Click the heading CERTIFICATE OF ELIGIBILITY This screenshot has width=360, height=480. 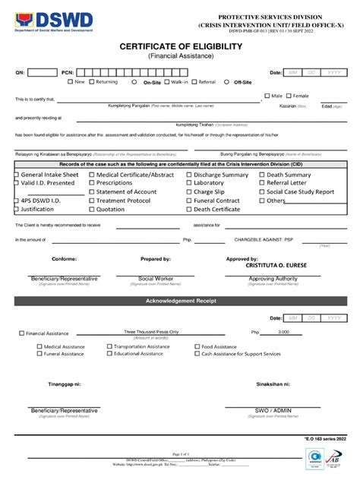[x=180, y=46]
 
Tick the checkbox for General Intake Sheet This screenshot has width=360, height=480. [x=16, y=175]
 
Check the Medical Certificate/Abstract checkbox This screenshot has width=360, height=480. [x=90, y=175]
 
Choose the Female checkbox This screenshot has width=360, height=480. [x=288, y=96]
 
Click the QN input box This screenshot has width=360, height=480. [x=43, y=72]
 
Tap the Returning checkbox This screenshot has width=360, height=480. [x=91, y=81]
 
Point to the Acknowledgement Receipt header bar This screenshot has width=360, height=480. [x=180, y=301]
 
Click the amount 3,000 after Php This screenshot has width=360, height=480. [x=283, y=332]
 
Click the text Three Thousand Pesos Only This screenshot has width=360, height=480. [x=151, y=332]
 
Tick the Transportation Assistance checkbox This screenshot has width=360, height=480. [x=109, y=346]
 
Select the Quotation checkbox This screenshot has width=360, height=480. [x=90, y=210]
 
